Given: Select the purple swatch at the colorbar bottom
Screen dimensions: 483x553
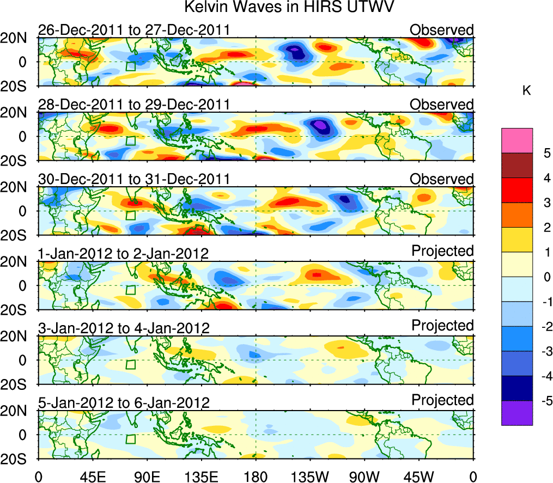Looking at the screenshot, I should pyautogui.click(x=517, y=413).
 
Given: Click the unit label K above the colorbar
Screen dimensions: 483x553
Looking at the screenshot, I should pyautogui.click(x=526, y=90).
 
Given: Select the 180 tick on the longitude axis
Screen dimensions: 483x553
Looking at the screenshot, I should pyautogui.click(x=256, y=476).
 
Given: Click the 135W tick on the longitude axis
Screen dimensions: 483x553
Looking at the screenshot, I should pyautogui.click(x=310, y=476).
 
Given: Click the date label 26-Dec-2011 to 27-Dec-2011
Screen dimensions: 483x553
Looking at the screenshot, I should pyautogui.click(x=133, y=30).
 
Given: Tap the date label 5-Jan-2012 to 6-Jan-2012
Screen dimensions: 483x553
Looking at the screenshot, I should pyautogui.click(x=124, y=403).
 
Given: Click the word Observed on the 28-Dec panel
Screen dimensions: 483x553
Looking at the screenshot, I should pyautogui.click(x=442, y=104).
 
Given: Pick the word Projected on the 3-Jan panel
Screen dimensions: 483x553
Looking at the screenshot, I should pyautogui.click(x=442, y=325).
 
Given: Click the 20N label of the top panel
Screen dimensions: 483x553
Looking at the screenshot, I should pyautogui.click(x=16, y=38).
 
